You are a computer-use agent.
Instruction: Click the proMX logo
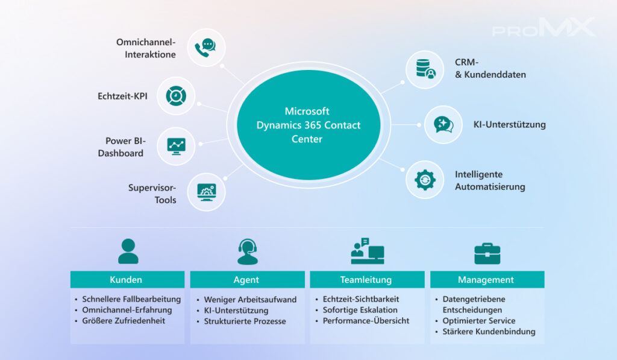(543, 28)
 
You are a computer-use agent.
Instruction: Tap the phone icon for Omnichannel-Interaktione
(206, 48)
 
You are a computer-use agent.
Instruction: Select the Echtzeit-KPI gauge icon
(176, 96)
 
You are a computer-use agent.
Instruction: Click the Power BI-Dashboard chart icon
(176, 145)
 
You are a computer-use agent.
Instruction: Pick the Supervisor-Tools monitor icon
(206, 193)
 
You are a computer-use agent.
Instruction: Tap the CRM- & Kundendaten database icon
(425, 69)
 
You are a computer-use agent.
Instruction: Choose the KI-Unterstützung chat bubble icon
(443, 125)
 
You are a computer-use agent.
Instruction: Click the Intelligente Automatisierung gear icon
(425, 180)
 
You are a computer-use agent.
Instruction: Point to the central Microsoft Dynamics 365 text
(308, 125)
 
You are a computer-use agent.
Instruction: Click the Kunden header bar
(127, 280)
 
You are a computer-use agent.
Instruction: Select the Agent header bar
(246, 280)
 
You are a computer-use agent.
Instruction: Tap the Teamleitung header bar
(366, 280)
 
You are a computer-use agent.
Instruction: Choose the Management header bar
(486, 280)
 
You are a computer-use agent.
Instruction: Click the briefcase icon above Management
(487, 253)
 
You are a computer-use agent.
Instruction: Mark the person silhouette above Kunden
(128, 251)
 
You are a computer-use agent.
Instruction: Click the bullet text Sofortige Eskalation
(360, 310)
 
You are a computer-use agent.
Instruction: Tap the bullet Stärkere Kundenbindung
(489, 332)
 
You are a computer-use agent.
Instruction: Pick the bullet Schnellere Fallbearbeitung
(131, 299)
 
